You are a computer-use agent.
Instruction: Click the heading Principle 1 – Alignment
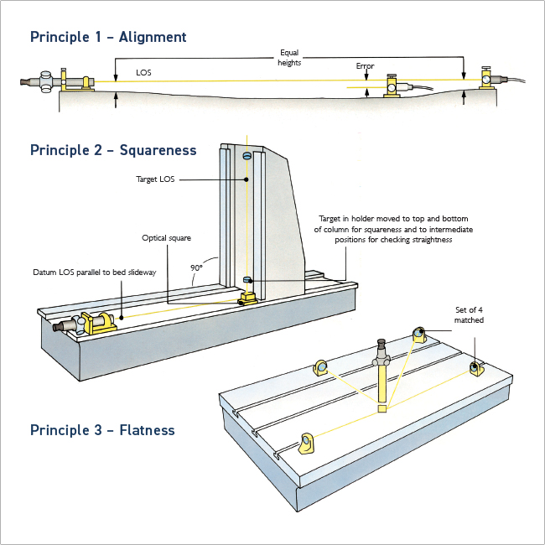[108, 37]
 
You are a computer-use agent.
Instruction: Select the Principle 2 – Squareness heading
[113, 150]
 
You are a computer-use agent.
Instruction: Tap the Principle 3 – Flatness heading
[102, 430]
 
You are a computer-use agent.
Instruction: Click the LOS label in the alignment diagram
[143, 73]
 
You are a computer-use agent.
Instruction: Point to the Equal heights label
[289, 58]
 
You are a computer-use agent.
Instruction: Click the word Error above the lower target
[365, 66]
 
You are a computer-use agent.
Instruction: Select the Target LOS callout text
[155, 179]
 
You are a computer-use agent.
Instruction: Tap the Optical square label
[166, 238]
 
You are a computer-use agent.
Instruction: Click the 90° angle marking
[196, 268]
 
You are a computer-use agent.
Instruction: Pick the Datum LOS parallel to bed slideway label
[95, 272]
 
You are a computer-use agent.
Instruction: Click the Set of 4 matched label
[469, 315]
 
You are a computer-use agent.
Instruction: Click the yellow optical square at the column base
[248, 298]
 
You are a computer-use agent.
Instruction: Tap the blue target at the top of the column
[247, 156]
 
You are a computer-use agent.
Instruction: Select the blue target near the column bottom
[247, 280]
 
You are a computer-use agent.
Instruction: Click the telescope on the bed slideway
[85, 324]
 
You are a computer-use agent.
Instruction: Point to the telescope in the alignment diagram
[57, 81]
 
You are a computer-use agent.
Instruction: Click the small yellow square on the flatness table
[382, 409]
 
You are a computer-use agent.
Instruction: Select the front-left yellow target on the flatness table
[306, 444]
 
